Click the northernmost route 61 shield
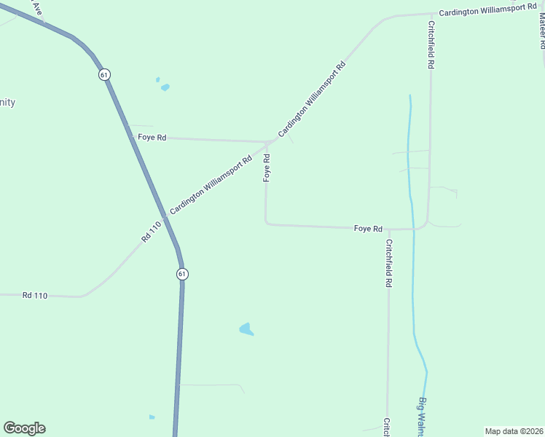[105, 74]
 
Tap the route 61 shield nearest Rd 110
[181, 273]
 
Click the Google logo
[24, 428]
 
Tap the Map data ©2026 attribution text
[513, 431]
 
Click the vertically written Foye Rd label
[267, 168]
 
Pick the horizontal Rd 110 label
[34, 295]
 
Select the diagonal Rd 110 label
[150, 234]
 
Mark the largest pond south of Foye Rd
[246, 329]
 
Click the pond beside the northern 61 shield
[165, 87]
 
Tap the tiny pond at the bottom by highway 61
[152, 417]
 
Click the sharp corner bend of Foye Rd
[266, 223]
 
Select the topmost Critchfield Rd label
[431, 44]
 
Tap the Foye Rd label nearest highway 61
[152, 137]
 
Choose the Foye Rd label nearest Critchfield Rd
[368, 229]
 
